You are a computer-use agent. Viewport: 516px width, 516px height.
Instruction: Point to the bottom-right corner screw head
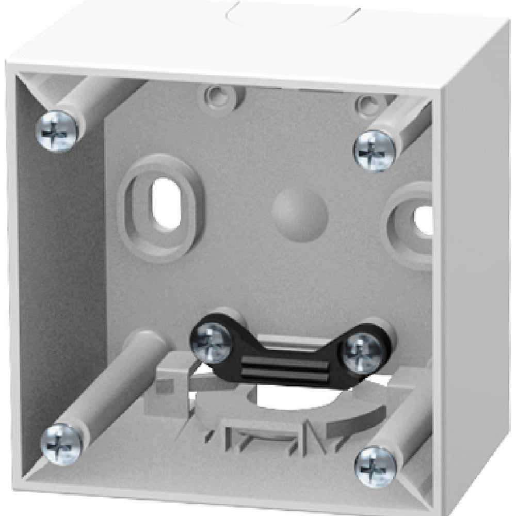coord(376,466)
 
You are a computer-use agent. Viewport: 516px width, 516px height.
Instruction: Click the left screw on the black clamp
coord(212,342)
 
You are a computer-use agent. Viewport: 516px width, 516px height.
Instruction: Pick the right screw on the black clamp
coord(364,353)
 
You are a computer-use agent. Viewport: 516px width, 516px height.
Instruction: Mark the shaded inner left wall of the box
coord(62,284)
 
